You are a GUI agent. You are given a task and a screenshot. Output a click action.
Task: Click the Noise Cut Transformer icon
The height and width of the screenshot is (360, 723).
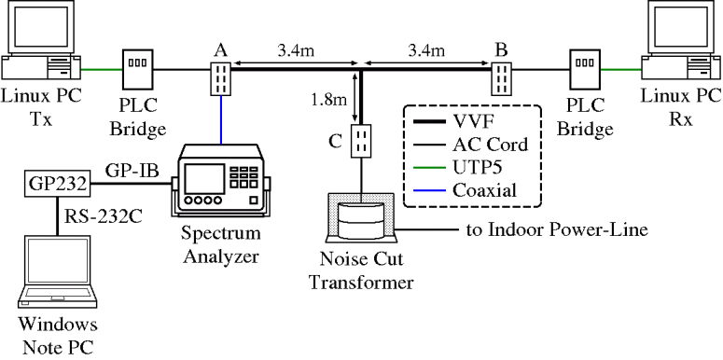pyautogui.click(x=359, y=219)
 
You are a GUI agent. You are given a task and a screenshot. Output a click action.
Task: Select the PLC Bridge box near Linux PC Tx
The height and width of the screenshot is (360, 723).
pyautogui.click(x=138, y=68)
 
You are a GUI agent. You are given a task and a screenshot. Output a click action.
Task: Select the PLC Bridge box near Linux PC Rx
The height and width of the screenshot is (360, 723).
pyautogui.click(x=585, y=68)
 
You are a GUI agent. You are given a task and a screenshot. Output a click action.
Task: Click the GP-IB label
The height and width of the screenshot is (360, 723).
pyautogui.click(x=125, y=173)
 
